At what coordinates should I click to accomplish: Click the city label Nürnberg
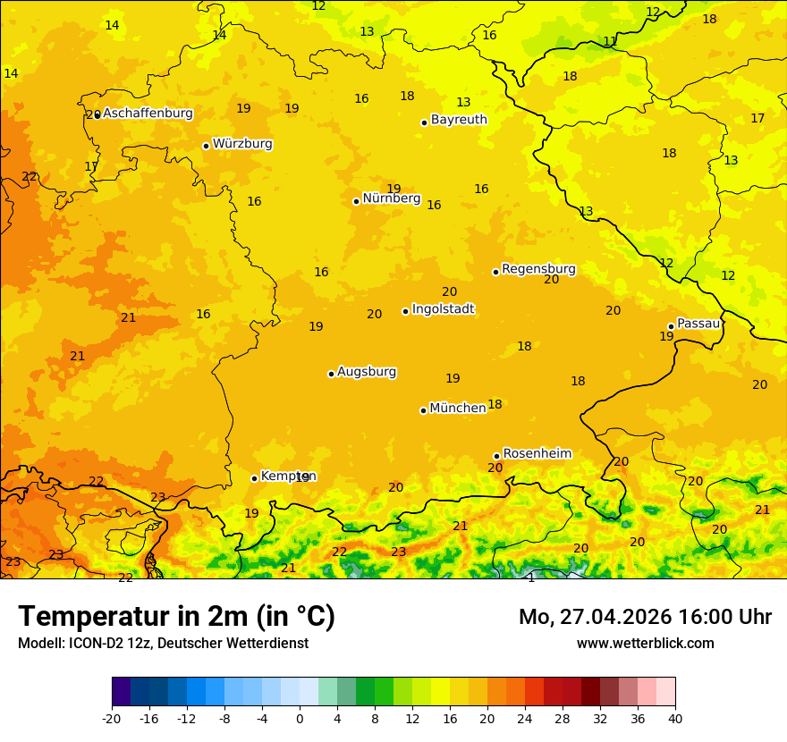point(391,198)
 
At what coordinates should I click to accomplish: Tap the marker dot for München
point(423,410)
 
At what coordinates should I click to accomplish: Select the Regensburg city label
point(538,269)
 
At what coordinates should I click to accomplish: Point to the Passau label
point(698,324)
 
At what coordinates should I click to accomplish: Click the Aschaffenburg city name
point(148,114)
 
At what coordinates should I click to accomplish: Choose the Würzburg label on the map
point(242,144)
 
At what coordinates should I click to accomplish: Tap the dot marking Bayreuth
point(424,122)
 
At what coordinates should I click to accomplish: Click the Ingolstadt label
point(443,309)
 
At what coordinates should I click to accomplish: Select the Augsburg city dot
point(331,374)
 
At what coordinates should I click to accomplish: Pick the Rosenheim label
point(537,454)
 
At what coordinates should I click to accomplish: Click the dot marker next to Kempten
point(254,478)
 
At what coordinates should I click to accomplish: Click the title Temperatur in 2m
point(176,617)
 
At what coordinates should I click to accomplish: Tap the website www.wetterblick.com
point(645,644)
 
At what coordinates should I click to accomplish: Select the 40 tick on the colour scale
point(675,719)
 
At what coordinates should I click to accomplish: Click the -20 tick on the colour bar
point(112,719)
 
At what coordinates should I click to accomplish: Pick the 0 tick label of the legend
point(300,719)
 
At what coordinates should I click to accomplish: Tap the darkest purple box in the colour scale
point(121,692)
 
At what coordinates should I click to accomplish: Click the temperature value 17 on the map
point(757,119)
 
